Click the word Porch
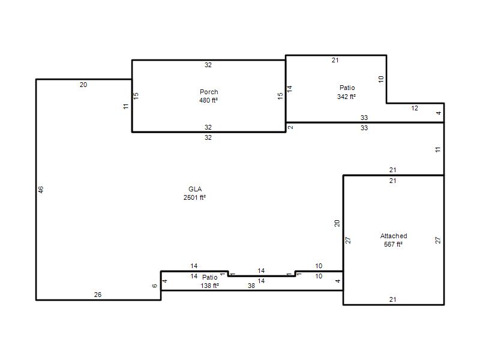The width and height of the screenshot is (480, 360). [x=209, y=92]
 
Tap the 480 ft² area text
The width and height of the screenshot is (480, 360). [x=208, y=100]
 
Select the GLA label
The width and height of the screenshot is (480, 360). [x=195, y=189]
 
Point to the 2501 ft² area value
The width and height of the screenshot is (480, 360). [x=194, y=197]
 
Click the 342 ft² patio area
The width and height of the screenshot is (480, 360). [x=347, y=97]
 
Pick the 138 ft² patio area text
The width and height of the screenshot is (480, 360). [x=209, y=286]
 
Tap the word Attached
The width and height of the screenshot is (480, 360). [x=394, y=236]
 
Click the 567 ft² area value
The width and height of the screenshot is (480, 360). [x=394, y=244]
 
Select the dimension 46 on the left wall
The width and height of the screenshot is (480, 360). [x=41, y=190]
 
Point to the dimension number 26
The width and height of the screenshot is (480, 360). [x=98, y=295]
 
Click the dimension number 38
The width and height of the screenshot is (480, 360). [x=251, y=286]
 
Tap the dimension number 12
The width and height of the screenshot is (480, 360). [x=415, y=108]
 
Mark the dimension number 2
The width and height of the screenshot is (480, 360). [x=290, y=127]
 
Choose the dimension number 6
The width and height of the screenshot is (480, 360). [x=155, y=286]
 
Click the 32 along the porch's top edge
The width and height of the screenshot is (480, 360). [x=208, y=65]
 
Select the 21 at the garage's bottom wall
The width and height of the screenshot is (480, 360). [x=393, y=299]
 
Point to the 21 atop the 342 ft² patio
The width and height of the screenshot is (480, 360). [x=335, y=61]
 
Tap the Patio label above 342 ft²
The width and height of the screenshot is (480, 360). [x=347, y=88]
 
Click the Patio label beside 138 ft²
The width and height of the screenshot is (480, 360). [x=209, y=277]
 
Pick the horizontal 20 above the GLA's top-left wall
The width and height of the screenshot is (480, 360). [x=83, y=85]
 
